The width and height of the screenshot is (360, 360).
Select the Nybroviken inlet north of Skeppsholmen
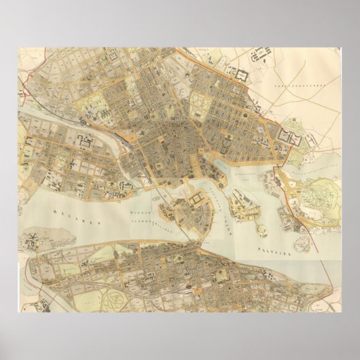click(x=228, y=166)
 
